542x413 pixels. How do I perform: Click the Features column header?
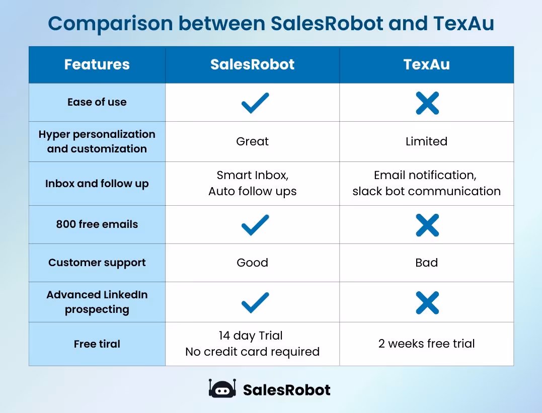pos(97,64)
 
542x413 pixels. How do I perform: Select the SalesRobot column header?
pos(252,64)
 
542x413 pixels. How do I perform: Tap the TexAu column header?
pos(426,64)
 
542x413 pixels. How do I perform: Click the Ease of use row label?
pos(97,102)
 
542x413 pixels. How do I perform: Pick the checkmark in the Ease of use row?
pos(255,103)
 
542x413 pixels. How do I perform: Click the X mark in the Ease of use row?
pos(427,103)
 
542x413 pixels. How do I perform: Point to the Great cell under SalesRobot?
pos(252,141)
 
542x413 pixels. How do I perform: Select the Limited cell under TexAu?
pos(426,141)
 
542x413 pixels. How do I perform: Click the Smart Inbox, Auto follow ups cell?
pos(252,183)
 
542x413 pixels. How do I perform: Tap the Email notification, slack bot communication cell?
pos(426,183)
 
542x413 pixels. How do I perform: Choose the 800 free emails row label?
pos(97,224)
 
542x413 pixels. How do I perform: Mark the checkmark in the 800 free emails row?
pos(255,225)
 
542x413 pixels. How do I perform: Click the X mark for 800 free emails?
pos(427,225)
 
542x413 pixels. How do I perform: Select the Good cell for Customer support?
pos(252,263)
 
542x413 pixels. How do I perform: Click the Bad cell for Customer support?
pos(426,263)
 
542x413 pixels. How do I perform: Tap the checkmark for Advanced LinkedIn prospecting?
pos(255,303)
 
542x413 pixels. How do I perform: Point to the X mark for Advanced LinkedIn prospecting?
pos(427,303)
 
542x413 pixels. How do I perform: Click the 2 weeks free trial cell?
pos(426,344)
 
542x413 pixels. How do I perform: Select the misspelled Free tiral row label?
pos(97,344)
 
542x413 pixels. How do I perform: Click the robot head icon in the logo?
pos(222,389)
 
